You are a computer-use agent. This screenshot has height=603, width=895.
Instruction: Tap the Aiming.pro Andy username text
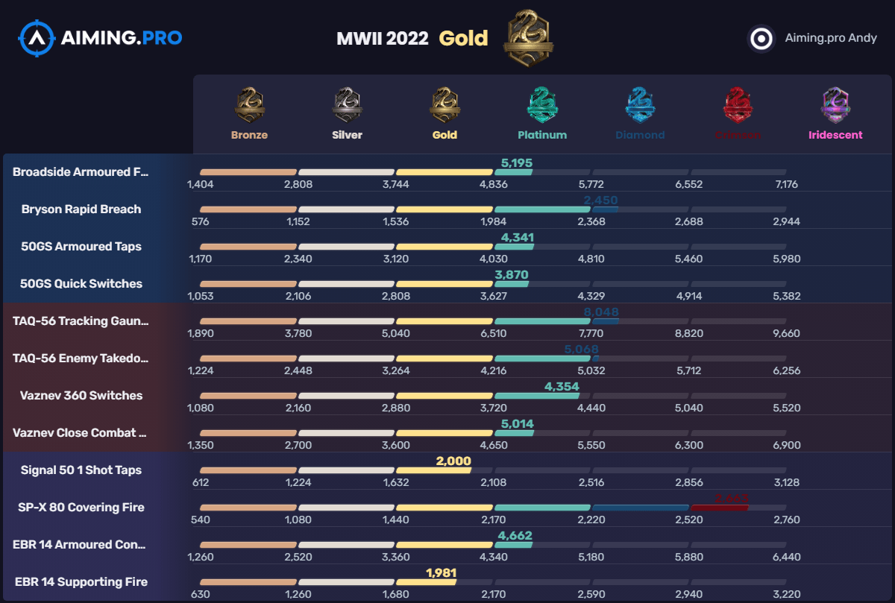pos(831,38)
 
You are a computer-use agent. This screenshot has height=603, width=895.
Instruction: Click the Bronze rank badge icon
pos(249,104)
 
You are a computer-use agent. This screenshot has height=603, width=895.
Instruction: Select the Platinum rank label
pos(542,135)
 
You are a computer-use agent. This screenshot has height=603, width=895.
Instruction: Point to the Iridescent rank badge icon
pos(835,104)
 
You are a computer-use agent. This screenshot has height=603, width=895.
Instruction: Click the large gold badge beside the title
pos(527,37)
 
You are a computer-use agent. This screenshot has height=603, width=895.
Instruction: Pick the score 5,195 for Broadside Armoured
pos(517,162)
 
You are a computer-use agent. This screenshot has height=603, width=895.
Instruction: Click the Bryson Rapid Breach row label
pos(81,209)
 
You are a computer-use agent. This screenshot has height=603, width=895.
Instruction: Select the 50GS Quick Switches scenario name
pos(81,284)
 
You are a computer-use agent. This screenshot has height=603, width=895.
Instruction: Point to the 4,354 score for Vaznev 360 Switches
pos(562,387)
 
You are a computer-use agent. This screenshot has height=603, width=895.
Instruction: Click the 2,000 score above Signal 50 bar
pos(453,461)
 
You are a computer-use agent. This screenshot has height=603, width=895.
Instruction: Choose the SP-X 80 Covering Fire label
pos(81,508)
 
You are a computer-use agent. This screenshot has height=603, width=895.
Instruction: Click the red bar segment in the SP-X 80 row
pos(719,508)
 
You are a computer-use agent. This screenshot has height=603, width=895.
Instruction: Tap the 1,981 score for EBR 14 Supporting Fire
pos(441,573)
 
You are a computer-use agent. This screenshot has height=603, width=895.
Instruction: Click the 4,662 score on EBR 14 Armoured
pos(515,536)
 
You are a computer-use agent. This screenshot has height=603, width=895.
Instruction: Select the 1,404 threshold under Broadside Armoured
pos(201,184)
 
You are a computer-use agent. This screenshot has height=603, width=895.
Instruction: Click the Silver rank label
pos(347,135)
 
